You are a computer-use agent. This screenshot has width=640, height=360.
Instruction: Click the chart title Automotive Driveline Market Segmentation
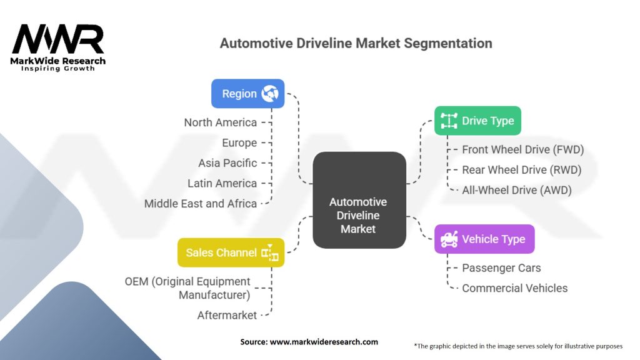(356, 44)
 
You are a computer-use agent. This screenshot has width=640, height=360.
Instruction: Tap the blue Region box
(248, 94)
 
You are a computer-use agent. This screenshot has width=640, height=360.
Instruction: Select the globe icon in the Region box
(270, 94)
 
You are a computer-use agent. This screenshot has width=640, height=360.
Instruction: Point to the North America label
(220, 122)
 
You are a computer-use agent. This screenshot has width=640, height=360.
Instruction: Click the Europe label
(239, 142)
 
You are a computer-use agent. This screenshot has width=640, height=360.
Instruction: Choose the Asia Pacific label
(227, 163)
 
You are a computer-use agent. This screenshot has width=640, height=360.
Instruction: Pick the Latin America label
(222, 183)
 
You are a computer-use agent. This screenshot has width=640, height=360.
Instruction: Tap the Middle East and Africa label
(200, 203)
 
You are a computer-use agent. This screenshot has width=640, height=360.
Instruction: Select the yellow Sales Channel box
(231, 252)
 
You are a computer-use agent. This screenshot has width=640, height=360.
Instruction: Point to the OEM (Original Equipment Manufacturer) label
(187, 287)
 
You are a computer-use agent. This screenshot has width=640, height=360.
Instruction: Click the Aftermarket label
(227, 315)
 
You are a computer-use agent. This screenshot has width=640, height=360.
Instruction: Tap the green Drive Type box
(477, 121)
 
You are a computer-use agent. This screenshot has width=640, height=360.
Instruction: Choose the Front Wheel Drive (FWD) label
(522, 150)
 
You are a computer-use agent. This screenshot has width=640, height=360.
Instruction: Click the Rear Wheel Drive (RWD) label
(521, 170)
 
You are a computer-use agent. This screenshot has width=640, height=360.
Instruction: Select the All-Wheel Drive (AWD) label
(516, 190)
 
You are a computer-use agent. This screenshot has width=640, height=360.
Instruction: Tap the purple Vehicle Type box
(484, 239)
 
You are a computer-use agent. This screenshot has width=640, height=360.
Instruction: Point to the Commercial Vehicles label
(514, 288)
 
